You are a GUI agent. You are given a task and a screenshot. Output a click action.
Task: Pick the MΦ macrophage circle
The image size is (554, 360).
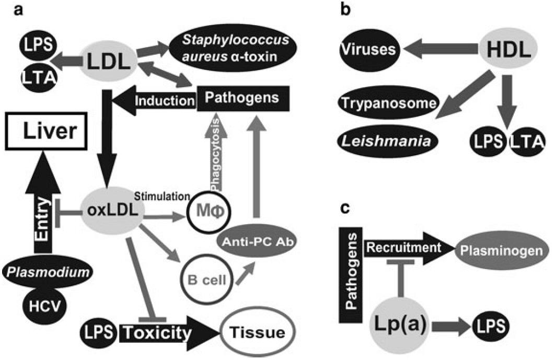coord(209,215)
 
